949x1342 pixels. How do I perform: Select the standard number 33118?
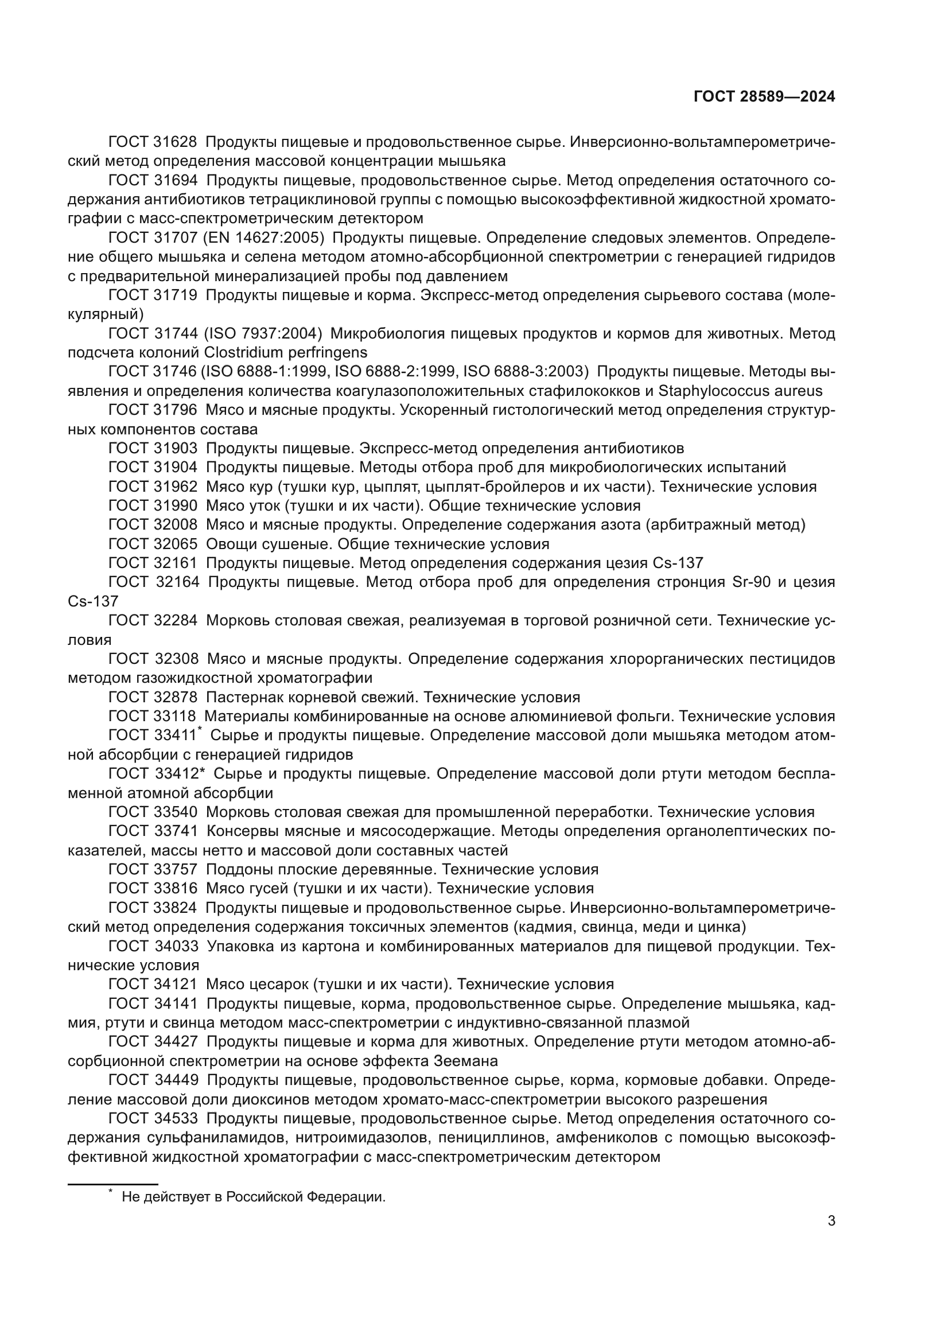pos(176,717)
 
